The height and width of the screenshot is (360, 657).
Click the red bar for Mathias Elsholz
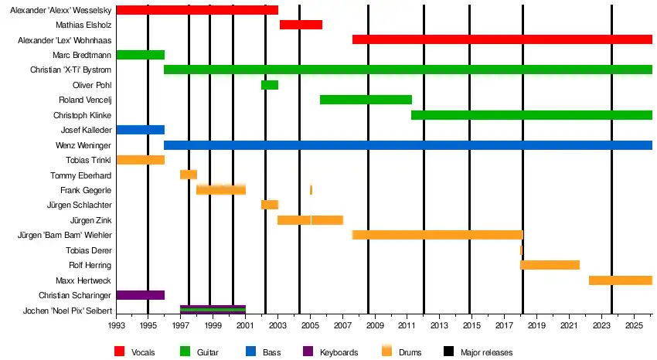(x=301, y=25)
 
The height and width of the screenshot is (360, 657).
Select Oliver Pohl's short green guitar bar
(x=270, y=85)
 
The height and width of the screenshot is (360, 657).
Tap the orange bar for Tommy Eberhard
(x=189, y=175)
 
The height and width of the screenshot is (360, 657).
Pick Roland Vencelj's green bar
(x=366, y=100)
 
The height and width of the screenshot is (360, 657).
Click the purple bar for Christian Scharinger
(x=141, y=295)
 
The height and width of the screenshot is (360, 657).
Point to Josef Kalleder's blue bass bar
(x=141, y=130)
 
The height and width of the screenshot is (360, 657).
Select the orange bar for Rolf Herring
(x=550, y=265)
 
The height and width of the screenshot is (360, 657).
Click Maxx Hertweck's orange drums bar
(x=621, y=280)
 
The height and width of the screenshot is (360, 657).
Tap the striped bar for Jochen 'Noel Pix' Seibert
(x=213, y=310)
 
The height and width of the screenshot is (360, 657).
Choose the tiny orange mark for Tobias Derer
(x=521, y=250)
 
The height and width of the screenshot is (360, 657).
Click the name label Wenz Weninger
(x=83, y=145)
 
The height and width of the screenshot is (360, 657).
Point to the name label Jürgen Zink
(x=90, y=220)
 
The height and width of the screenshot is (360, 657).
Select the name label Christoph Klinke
(x=82, y=115)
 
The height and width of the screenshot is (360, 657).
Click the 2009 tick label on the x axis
(x=375, y=325)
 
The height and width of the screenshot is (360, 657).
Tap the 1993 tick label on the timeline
(x=115, y=325)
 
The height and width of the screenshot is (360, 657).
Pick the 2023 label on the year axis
(x=601, y=325)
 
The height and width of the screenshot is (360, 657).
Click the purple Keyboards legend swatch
(x=308, y=351)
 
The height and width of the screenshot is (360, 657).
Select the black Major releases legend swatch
(x=448, y=351)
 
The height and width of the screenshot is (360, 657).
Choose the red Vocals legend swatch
(x=119, y=351)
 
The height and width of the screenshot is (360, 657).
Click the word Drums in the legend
(x=410, y=352)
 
